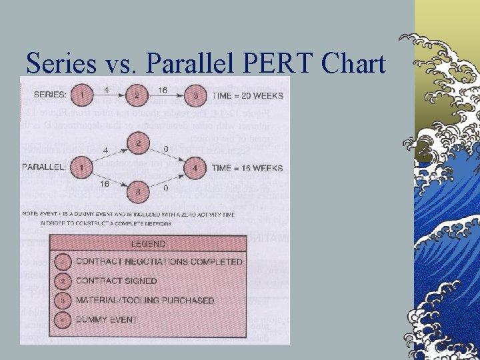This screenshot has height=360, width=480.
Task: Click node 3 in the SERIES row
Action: point(194,95)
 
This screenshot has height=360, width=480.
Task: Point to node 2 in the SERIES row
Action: point(137,95)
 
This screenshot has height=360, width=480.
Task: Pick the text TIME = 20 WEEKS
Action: point(247,96)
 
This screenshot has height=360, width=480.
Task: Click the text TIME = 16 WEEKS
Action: point(247,169)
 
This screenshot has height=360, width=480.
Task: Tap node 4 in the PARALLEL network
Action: point(194,169)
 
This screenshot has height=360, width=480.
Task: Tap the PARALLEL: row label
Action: point(45,167)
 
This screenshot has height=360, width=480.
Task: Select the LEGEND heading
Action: point(147,245)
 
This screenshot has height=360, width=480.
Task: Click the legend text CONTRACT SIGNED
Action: point(116,281)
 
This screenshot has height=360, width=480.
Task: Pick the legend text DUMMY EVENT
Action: point(106,319)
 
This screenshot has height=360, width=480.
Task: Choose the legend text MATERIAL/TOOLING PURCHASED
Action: point(145,300)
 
